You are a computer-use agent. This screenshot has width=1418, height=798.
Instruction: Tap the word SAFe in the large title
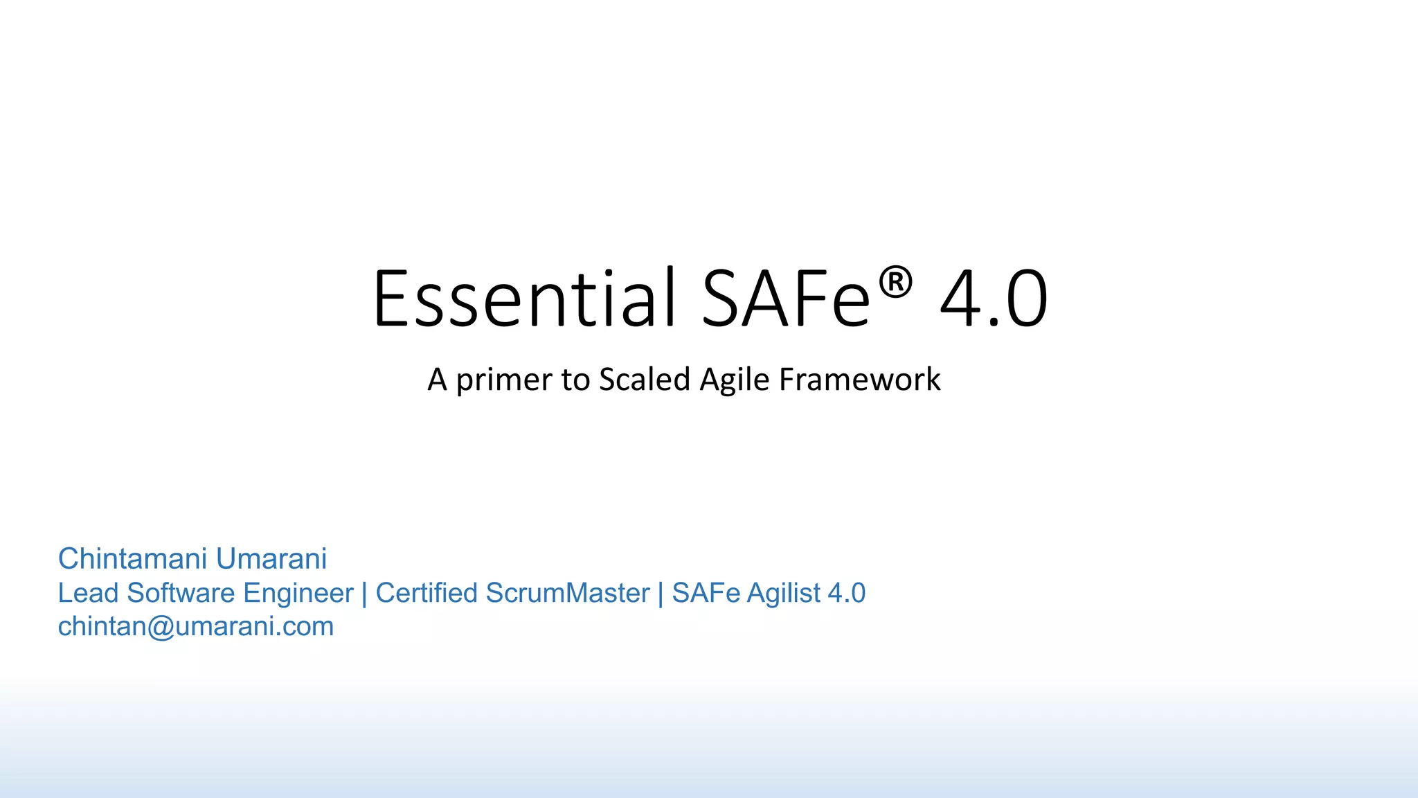[786, 299]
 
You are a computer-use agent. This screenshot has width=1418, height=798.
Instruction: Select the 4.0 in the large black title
[994, 299]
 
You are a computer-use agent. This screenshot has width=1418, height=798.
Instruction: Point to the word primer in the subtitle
[503, 380]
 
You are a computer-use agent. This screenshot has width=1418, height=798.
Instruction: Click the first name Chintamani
[132, 558]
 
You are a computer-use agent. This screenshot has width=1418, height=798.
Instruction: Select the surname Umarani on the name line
[271, 558]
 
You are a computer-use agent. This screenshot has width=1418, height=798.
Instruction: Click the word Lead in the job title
[88, 593]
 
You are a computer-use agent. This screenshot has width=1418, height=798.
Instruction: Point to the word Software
[181, 593]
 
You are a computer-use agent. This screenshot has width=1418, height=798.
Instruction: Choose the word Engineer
[298, 594]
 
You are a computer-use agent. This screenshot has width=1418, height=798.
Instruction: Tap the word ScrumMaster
[568, 593]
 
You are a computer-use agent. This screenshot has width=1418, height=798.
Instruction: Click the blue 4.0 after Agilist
[846, 593]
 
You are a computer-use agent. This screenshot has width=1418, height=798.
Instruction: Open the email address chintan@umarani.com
[196, 626]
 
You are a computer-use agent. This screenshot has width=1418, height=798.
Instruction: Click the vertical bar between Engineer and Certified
[364, 594]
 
